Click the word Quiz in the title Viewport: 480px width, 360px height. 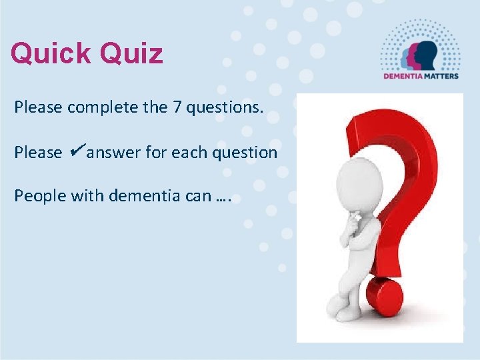tap(134, 53)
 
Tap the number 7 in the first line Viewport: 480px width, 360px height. tap(178, 107)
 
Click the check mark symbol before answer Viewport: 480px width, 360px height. tap(75, 151)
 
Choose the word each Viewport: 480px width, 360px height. tap(189, 153)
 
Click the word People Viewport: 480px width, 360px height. tap(38, 196)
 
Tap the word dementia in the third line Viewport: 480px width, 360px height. tap(137, 196)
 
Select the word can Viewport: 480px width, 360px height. tap(191, 196)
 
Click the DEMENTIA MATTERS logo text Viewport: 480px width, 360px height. tap(420, 75)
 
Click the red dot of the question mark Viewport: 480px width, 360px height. tap(385, 297)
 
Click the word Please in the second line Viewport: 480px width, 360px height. tap(38, 153)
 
